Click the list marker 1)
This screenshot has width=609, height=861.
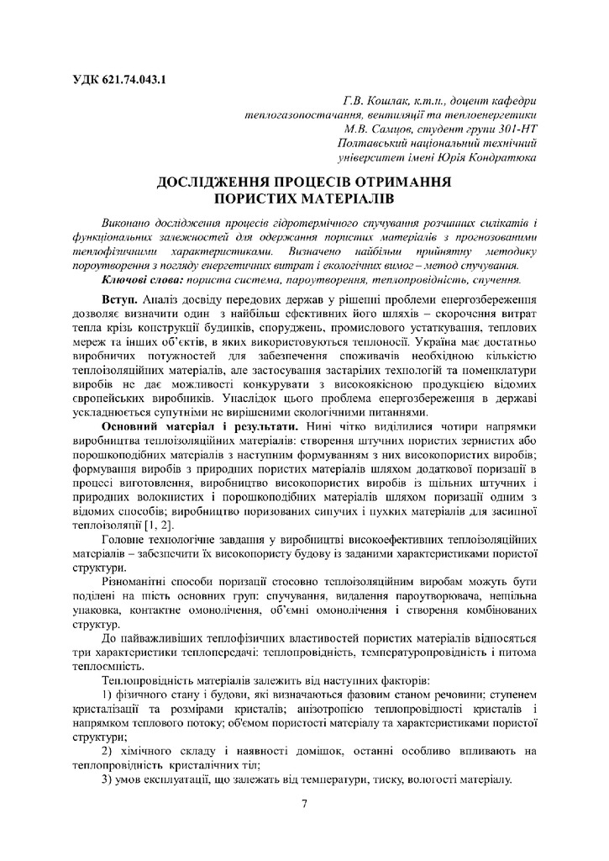pos(107,693)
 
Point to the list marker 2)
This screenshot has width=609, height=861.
pos(107,750)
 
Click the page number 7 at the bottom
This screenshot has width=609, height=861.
pos(305,804)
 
